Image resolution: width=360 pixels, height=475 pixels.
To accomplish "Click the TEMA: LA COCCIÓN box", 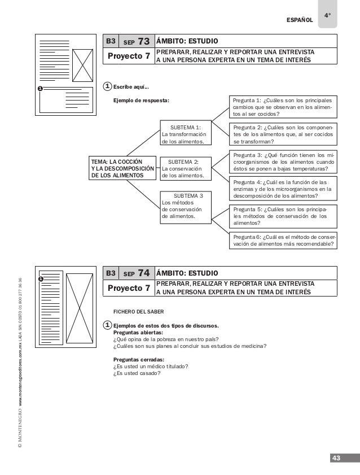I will [x=122, y=168].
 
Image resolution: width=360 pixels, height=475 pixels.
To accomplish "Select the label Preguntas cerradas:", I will [x=139, y=359].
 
